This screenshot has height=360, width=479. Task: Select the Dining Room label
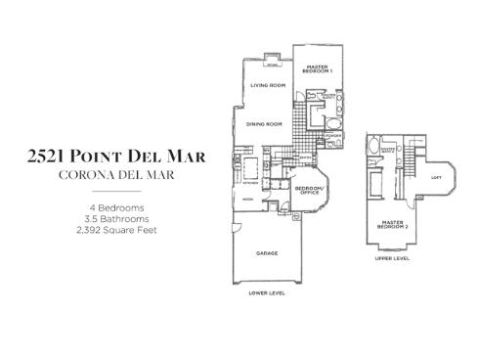coord(264,124)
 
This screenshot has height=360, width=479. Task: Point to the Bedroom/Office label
coord(310,191)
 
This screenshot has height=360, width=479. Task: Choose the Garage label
coord(267,253)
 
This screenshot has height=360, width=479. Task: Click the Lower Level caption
coord(267,293)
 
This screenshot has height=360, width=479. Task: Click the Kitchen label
coord(249,181)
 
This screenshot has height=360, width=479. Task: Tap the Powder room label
coord(334,136)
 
